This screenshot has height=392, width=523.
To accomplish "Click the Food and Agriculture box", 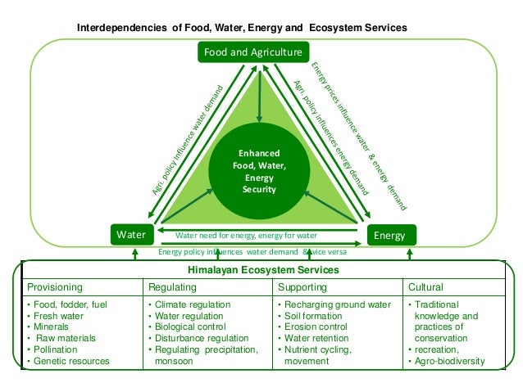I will tap(252, 52).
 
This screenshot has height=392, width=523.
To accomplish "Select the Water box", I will tap(131, 235).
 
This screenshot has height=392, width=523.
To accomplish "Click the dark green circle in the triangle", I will tap(259, 170).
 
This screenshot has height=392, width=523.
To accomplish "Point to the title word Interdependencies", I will tap(122, 27).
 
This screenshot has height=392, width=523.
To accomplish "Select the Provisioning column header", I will tap(55, 287).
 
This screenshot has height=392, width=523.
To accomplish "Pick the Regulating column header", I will tap(172, 287).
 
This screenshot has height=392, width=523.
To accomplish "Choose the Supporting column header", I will tap(302, 287).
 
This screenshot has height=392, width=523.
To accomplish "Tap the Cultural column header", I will tap(425, 287).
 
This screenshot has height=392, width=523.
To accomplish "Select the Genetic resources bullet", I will tap(72, 361).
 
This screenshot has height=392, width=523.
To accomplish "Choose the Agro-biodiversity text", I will tap(450, 361).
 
